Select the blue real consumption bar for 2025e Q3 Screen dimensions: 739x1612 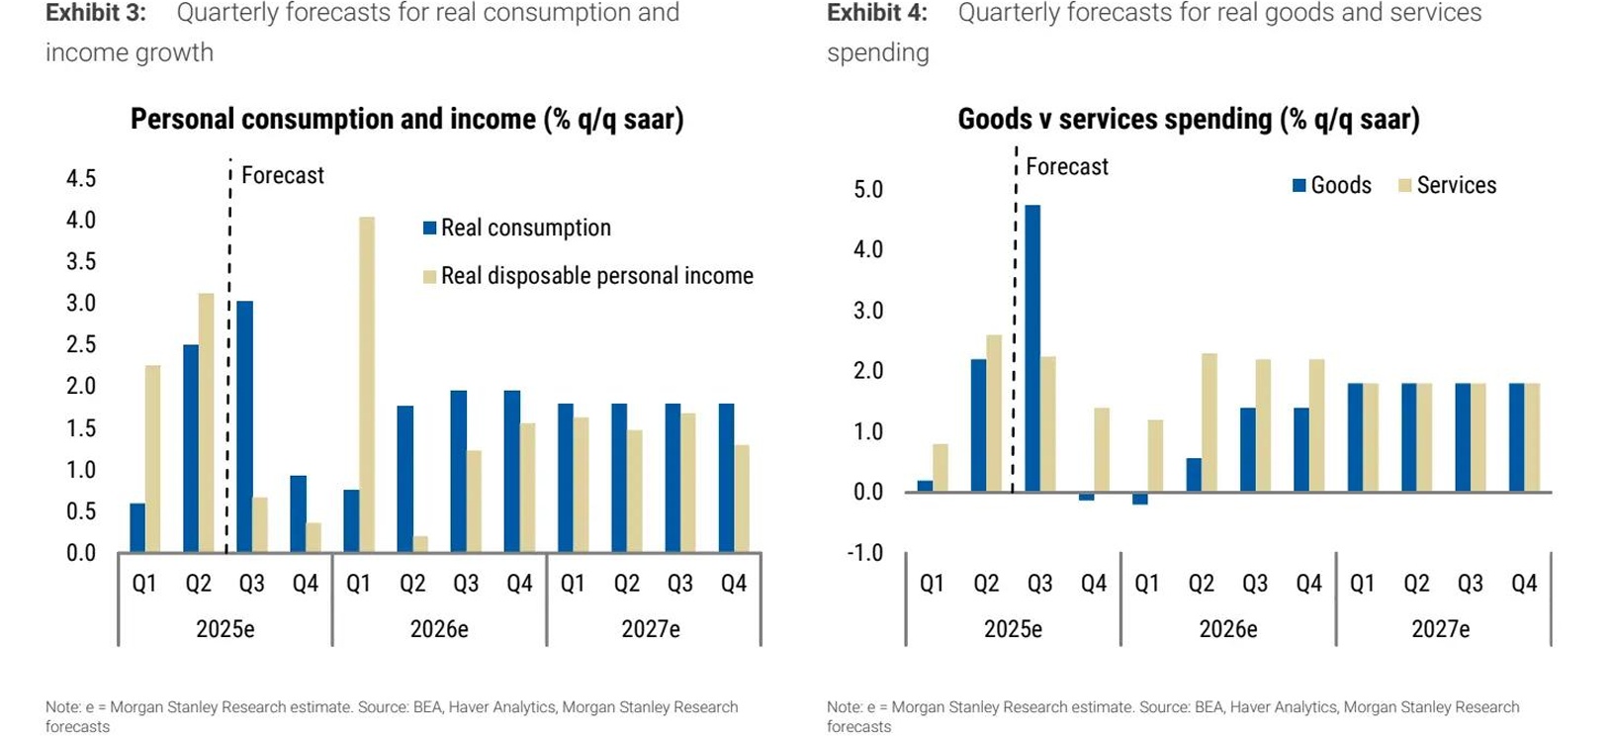[244, 425]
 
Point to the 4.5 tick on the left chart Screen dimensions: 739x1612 [81, 178]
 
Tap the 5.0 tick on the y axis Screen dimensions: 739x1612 [868, 189]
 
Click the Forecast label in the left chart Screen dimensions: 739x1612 [283, 175]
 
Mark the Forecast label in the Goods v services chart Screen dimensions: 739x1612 [1067, 166]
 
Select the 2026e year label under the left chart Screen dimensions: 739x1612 [439, 629]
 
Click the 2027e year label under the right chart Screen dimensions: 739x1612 [1441, 629]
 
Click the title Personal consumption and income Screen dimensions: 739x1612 [406, 119]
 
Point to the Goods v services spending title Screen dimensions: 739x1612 [1188, 119]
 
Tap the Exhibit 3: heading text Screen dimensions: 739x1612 [95, 13]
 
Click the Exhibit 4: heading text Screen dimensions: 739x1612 [877, 13]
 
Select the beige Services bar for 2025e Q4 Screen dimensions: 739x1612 [1102, 450]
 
